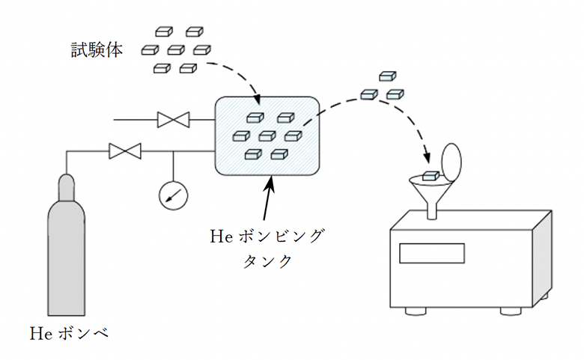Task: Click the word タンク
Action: coord(269,262)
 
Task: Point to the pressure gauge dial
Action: coord(174,195)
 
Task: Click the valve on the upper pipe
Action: coord(173,119)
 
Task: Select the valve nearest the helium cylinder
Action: coord(124,151)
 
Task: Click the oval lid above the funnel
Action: coord(451,160)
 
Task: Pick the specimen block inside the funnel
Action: coord(430,176)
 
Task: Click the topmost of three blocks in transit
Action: coord(386,76)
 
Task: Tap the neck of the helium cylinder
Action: coord(67,183)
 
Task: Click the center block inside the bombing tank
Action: coord(267,136)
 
